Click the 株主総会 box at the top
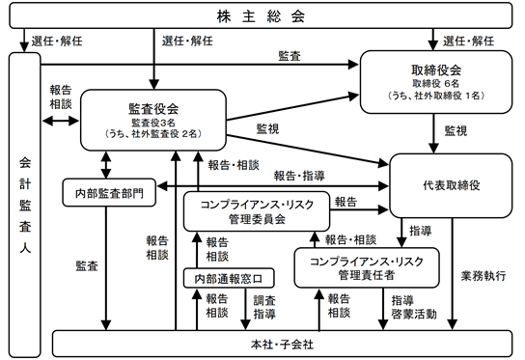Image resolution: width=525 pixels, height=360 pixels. pyautogui.click(x=261, y=15)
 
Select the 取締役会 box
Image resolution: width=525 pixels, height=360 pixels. pyautogui.click(x=436, y=82)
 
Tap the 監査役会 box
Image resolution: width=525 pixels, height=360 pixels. pyautogui.click(x=153, y=120)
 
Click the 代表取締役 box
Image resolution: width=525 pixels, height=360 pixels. pyautogui.click(x=451, y=185)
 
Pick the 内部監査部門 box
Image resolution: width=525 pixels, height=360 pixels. pyautogui.click(x=109, y=193)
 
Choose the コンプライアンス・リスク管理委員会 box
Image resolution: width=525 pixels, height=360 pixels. pyautogui.click(x=257, y=211)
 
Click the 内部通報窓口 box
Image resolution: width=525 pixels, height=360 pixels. pyautogui.click(x=229, y=278)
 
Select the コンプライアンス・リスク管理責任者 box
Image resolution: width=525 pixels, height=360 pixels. pyautogui.click(x=367, y=267)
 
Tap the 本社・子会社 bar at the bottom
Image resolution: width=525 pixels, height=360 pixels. pyautogui.click(x=282, y=344)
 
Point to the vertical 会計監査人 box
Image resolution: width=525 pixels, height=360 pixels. pyautogui.click(x=25, y=205)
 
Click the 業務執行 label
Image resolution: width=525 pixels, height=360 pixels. pyautogui.click(x=484, y=276)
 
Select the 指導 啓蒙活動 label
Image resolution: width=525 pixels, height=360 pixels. pyautogui.click(x=414, y=307)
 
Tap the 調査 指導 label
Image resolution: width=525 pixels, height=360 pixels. pyautogui.click(x=264, y=307)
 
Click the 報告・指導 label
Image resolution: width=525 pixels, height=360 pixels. pyautogui.click(x=299, y=176)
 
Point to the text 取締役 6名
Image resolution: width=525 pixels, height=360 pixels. pyautogui.click(x=435, y=83)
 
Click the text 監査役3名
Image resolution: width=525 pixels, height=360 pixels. pyautogui.click(x=153, y=123)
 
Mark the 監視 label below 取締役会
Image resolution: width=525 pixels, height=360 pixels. pyautogui.click(x=456, y=130)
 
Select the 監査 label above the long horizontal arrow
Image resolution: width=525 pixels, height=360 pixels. pyautogui.click(x=290, y=56)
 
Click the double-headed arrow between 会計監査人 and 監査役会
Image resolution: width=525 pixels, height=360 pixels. pyautogui.click(x=61, y=121)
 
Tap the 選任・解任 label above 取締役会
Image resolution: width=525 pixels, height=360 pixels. pyautogui.click(x=468, y=41)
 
